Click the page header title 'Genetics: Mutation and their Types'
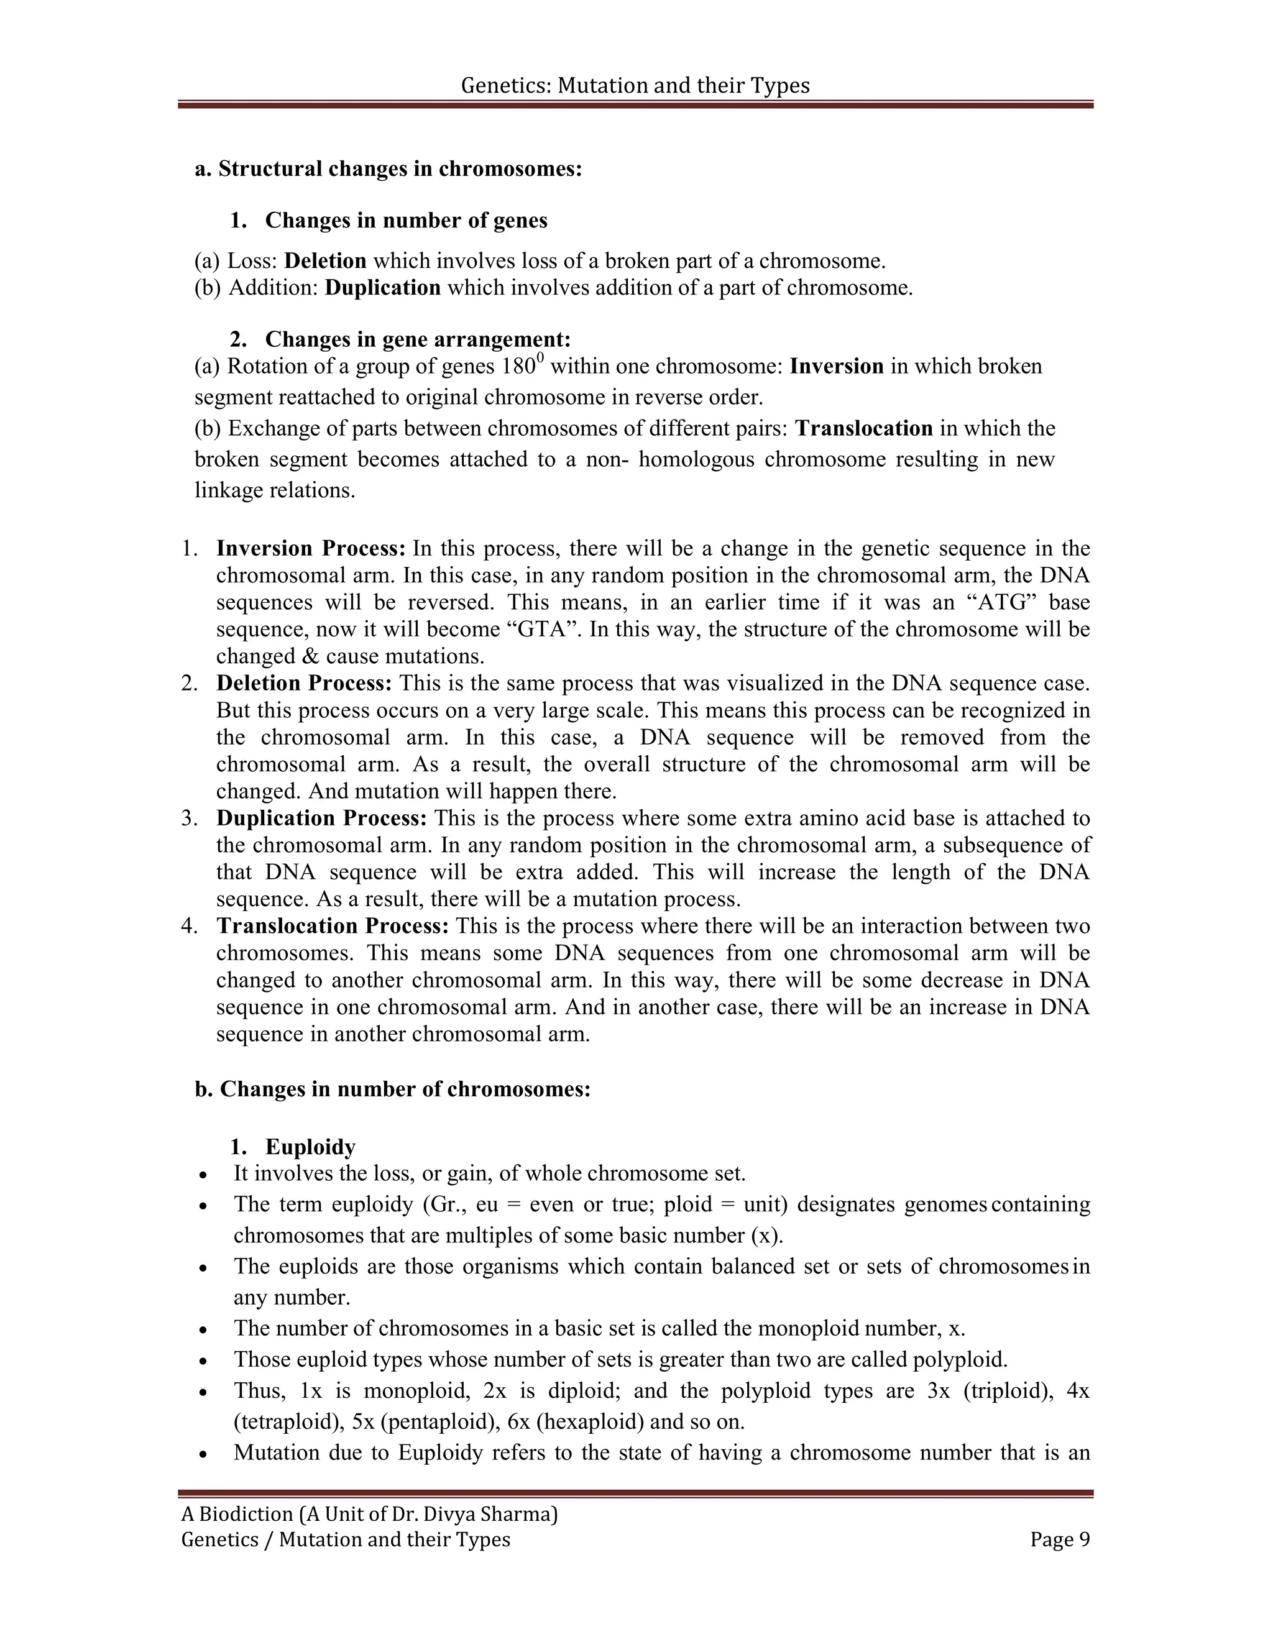tap(635, 85)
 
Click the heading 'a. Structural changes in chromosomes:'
tap(388, 168)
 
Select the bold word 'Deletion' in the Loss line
tap(325, 261)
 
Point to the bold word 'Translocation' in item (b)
tap(864, 428)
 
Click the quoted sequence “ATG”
tap(1004, 602)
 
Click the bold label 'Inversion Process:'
tap(311, 548)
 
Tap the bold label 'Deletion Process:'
tap(304, 683)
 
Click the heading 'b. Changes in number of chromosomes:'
tap(392, 1089)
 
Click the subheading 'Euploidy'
tap(310, 1147)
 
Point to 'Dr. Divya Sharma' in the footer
tap(473, 1513)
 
